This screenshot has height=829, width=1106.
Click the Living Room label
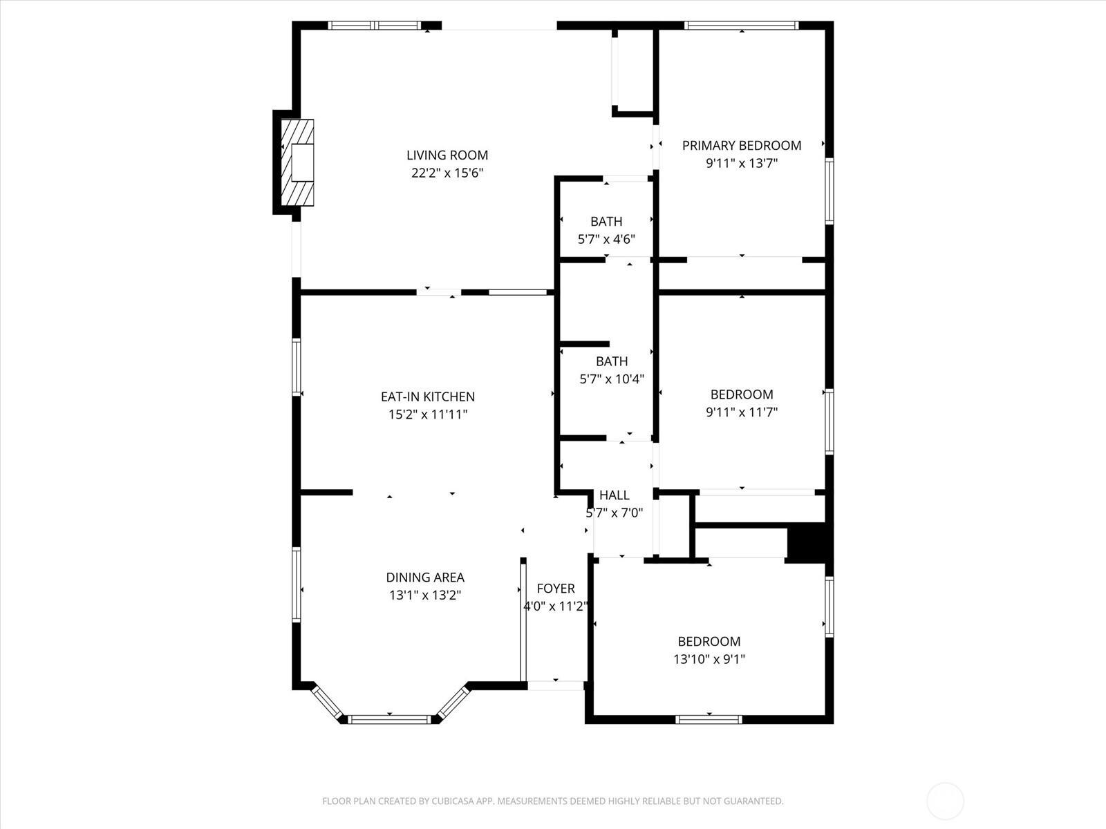[447, 155]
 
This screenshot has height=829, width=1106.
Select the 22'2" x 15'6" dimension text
[447, 173]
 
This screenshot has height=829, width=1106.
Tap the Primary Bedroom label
[742, 146]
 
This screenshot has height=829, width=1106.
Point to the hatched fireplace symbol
[297, 162]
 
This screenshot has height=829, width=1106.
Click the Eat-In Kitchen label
[428, 397]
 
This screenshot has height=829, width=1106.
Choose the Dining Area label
[425, 578]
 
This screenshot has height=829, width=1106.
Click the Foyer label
[556, 589]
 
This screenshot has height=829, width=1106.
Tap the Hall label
[615, 495]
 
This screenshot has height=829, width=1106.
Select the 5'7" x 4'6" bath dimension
[606, 239]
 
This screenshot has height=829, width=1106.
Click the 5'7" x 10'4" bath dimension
[612, 379]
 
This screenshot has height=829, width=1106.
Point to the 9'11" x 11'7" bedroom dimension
[742, 412]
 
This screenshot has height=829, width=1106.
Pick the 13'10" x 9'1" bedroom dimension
[709, 659]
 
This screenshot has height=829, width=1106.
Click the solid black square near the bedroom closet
[806, 543]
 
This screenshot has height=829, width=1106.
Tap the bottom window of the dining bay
[389, 720]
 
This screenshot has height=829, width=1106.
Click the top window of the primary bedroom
[741, 26]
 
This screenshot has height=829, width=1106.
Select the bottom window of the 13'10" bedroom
[709, 720]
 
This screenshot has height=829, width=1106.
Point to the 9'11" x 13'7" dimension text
[742, 164]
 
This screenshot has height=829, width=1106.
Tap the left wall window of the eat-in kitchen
[297, 368]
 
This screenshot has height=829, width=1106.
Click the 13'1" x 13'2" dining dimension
[425, 595]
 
